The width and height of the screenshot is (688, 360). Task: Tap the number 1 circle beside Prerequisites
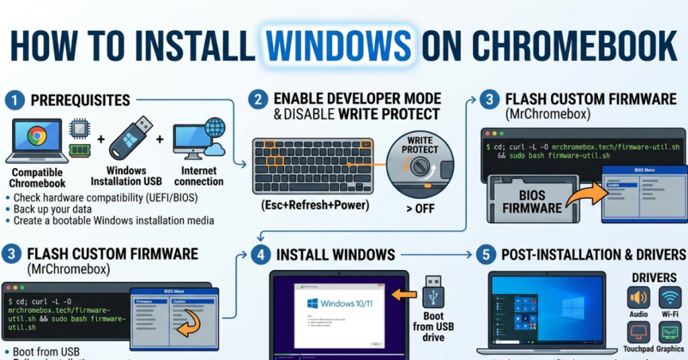coord(14,101)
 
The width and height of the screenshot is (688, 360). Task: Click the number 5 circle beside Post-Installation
coord(486,255)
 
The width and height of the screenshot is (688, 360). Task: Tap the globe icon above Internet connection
coord(214,128)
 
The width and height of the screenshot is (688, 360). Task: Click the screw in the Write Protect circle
coord(421,165)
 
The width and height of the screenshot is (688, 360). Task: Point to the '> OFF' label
coord(419,208)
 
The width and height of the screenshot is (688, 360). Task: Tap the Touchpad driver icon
coord(638,331)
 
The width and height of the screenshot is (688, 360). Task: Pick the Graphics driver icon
coord(670,331)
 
